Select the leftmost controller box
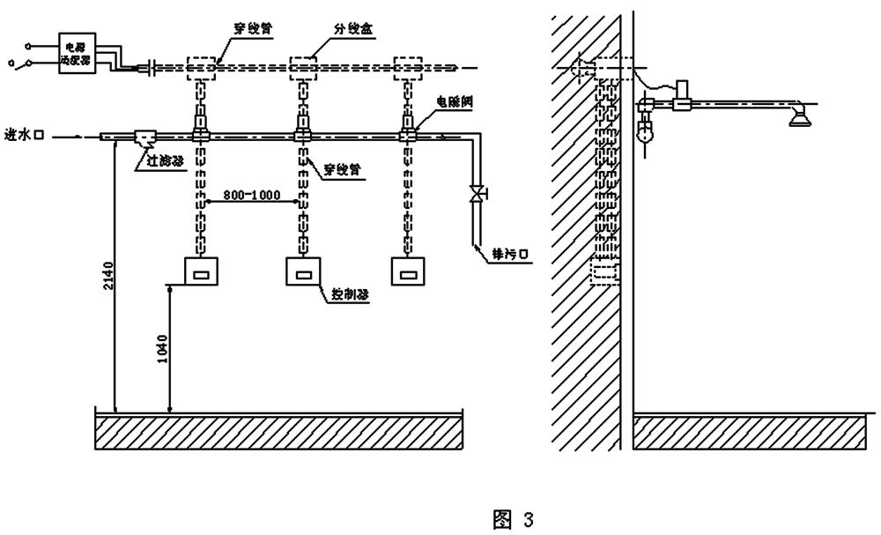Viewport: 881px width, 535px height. [202, 271]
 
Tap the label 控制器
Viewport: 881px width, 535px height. [350, 295]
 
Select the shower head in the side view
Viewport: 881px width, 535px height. [798, 115]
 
